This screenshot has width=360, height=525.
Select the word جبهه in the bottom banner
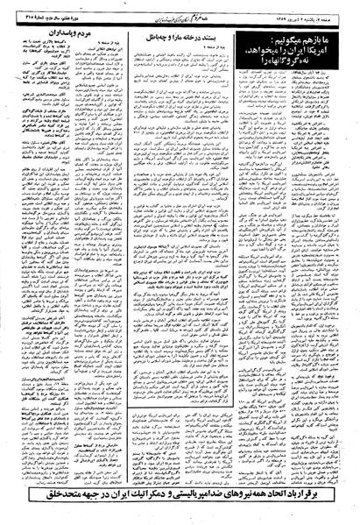pyautogui.click(x=73, y=506)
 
